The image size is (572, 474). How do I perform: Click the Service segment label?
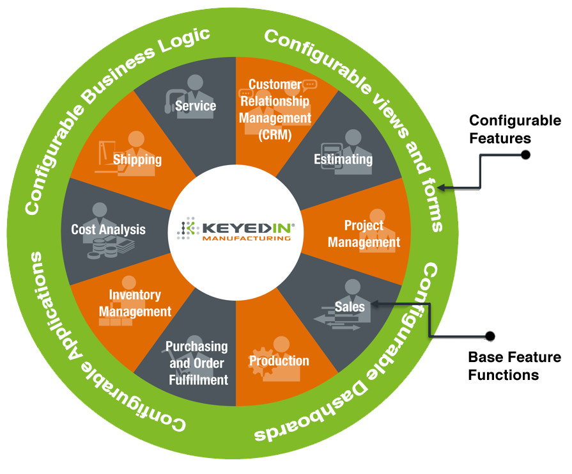point(195,106)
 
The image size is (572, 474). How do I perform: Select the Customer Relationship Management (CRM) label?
point(275,109)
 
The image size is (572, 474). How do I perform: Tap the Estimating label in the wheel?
point(343,159)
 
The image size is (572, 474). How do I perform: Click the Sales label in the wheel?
point(350,306)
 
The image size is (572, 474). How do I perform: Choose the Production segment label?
point(279,361)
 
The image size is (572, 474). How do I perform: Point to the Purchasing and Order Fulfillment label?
point(197,363)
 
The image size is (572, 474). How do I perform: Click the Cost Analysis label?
point(108,229)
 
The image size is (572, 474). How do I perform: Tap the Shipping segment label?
point(137,159)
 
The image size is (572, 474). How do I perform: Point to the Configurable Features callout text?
point(515,128)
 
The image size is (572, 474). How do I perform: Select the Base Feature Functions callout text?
point(514,366)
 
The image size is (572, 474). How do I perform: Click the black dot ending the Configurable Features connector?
point(525,154)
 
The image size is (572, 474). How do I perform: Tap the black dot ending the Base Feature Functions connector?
point(490,335)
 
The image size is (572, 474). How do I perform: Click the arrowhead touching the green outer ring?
point(448,188)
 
